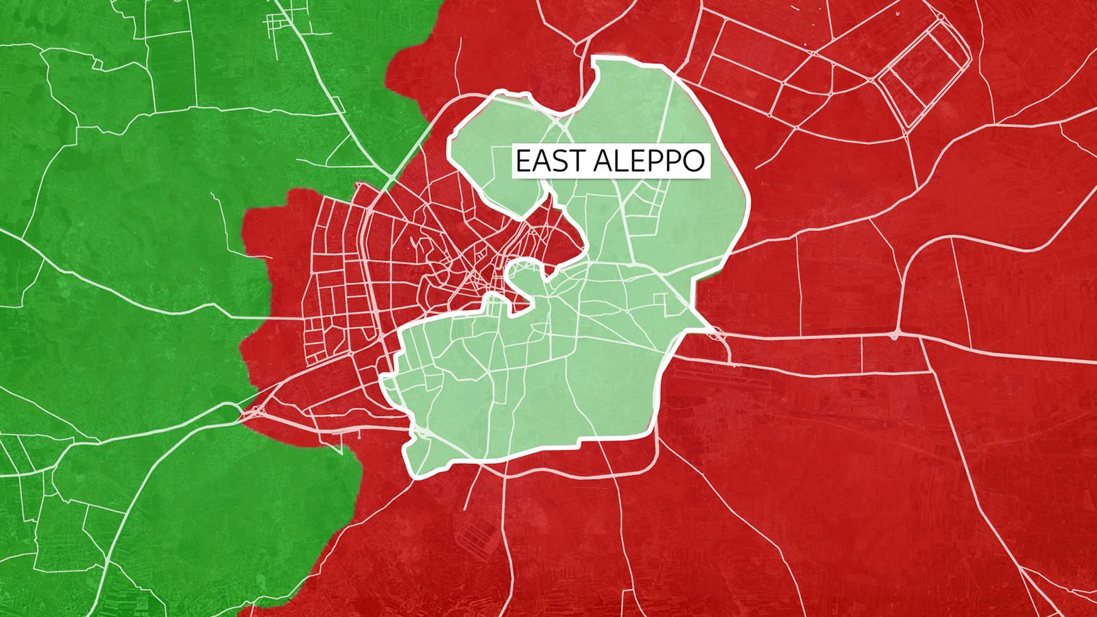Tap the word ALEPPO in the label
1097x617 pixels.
coord(649,161)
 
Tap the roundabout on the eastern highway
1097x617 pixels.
coord(894,336)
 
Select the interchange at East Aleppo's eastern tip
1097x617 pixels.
coord(717,335)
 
